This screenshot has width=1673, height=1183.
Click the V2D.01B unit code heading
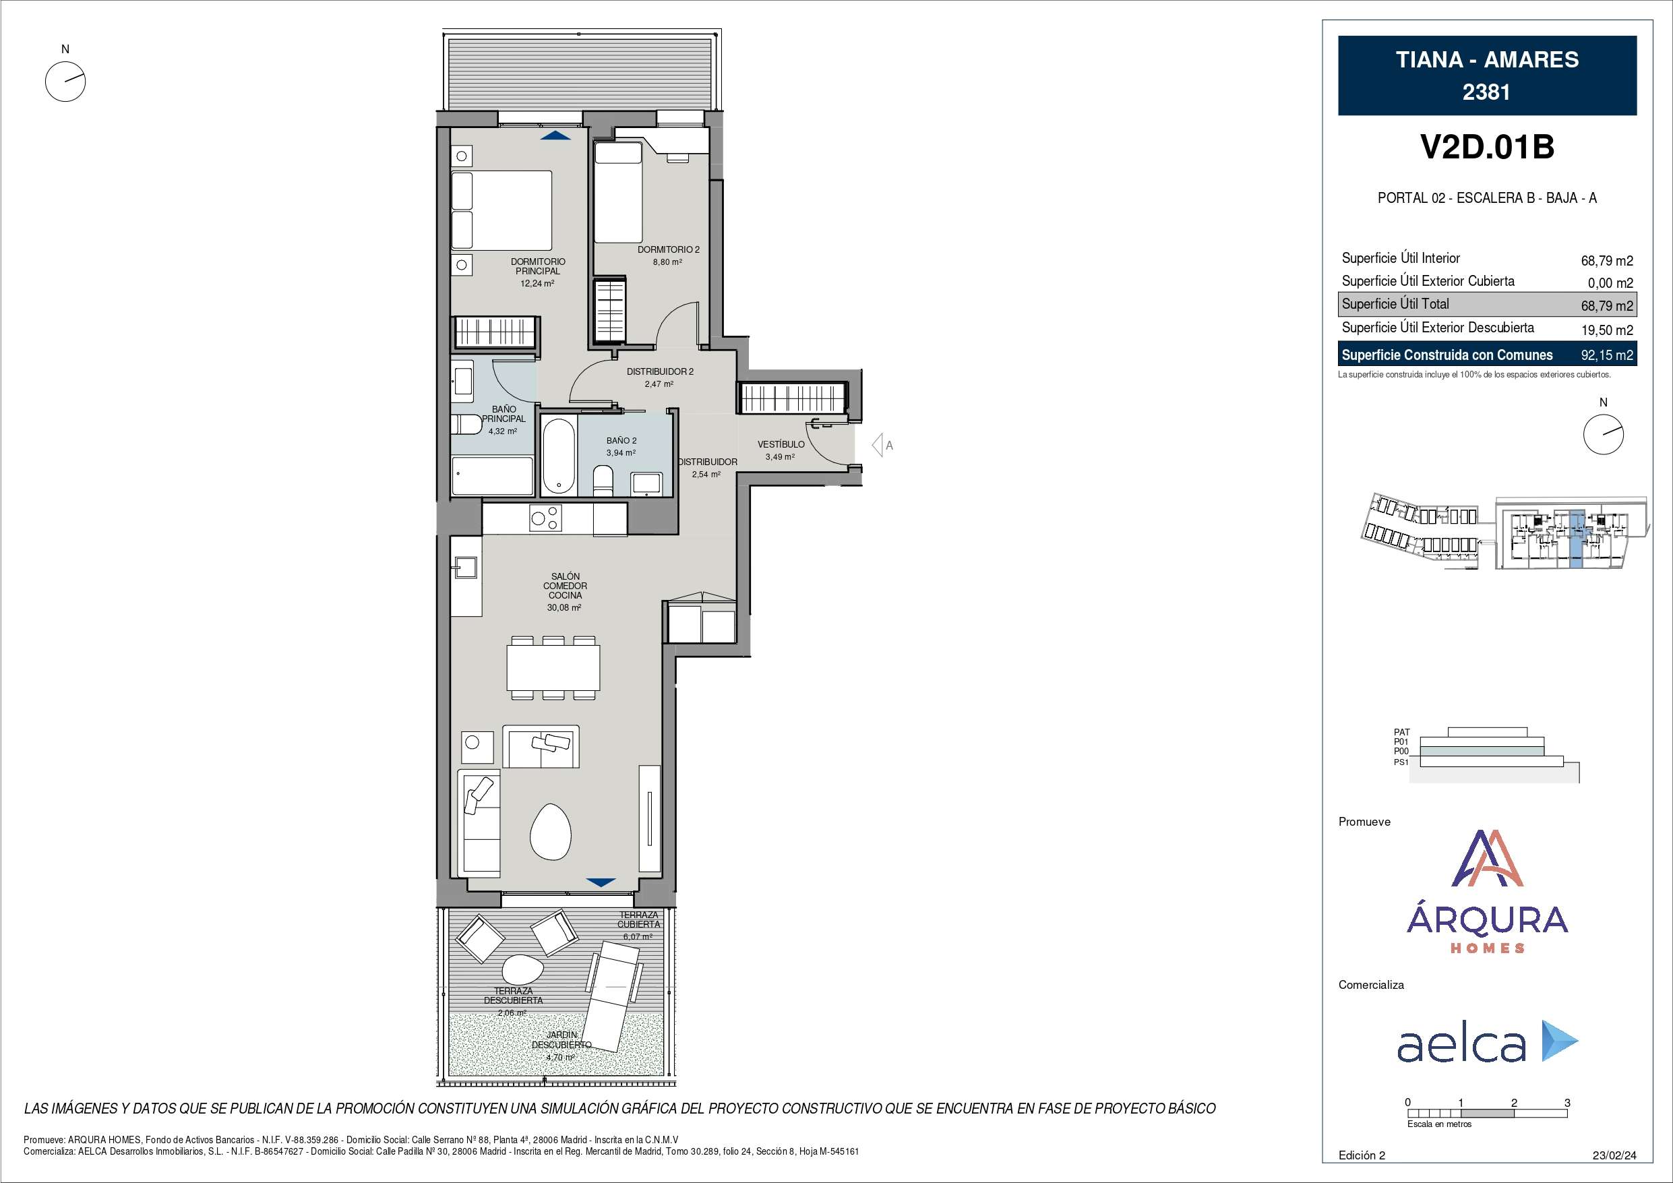coord(1487,147)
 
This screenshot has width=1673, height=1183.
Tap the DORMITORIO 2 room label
coord(668,249)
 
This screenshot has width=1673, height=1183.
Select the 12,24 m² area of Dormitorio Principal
coord(537,284)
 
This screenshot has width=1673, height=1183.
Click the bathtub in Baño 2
coord(559,456)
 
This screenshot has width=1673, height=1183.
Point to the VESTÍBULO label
coord(781,444)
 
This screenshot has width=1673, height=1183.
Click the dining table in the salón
coord(554,667)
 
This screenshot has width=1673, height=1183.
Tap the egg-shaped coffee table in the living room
coord(551,831)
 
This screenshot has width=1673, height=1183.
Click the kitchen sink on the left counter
coord(465,567)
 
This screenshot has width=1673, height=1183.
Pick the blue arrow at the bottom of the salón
coord(601,882)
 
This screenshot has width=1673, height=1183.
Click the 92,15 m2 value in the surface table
coord(1607,356)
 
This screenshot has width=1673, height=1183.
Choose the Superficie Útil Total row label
coord(1395,304)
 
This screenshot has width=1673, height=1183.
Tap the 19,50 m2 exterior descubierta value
coord(1607,330)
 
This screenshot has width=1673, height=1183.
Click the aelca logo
coord(1487,1043)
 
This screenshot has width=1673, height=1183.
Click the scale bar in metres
coord(1487,1113)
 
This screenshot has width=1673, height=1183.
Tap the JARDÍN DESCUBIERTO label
coord(561,1040)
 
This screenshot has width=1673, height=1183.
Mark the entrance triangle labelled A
coord(878,445)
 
